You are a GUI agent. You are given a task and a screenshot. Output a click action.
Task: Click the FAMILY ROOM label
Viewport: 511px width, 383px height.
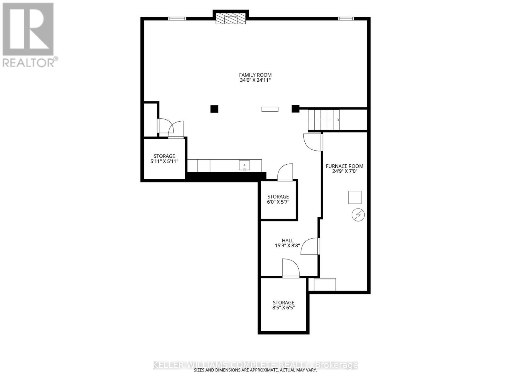click(255, 75)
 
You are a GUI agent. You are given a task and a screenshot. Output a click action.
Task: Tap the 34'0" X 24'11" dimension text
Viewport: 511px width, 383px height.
click(255, 80)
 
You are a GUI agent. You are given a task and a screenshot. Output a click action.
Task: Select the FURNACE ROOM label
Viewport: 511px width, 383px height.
click(344, 166)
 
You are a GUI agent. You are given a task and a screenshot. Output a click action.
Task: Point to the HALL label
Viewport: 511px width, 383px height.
click(287, 240)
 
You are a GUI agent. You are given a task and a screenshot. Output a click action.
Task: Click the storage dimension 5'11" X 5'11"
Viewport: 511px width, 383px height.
click(164, 161)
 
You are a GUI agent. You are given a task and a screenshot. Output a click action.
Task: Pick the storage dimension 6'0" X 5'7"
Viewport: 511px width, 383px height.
click(278, 202)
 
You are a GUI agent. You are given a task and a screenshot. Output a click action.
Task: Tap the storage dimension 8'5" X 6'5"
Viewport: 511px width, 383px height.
click(284, 308)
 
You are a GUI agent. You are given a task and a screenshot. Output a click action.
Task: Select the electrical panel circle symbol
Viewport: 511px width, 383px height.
click(358, 214)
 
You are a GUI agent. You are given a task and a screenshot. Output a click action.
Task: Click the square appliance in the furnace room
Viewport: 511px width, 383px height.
click(355, 198)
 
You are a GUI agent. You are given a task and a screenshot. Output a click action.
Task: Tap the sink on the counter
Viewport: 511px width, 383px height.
click(244, 165)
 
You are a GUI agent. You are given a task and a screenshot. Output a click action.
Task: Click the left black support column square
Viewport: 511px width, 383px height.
click(214, 109)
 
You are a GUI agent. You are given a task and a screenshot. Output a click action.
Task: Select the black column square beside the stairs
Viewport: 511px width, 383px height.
click(295, 109)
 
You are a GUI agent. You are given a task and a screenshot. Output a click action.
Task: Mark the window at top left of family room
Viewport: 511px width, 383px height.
click(177, 19)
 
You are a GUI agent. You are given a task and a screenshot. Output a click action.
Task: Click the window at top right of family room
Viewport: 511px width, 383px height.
click(346, 19)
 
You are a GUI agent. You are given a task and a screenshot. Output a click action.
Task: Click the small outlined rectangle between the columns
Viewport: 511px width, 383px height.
click(270, 109)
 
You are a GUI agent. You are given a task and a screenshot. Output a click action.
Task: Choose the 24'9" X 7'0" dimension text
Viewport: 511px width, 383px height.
click(345, 171)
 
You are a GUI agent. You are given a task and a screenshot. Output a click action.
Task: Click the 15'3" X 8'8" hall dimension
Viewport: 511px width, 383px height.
click(287, 245)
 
